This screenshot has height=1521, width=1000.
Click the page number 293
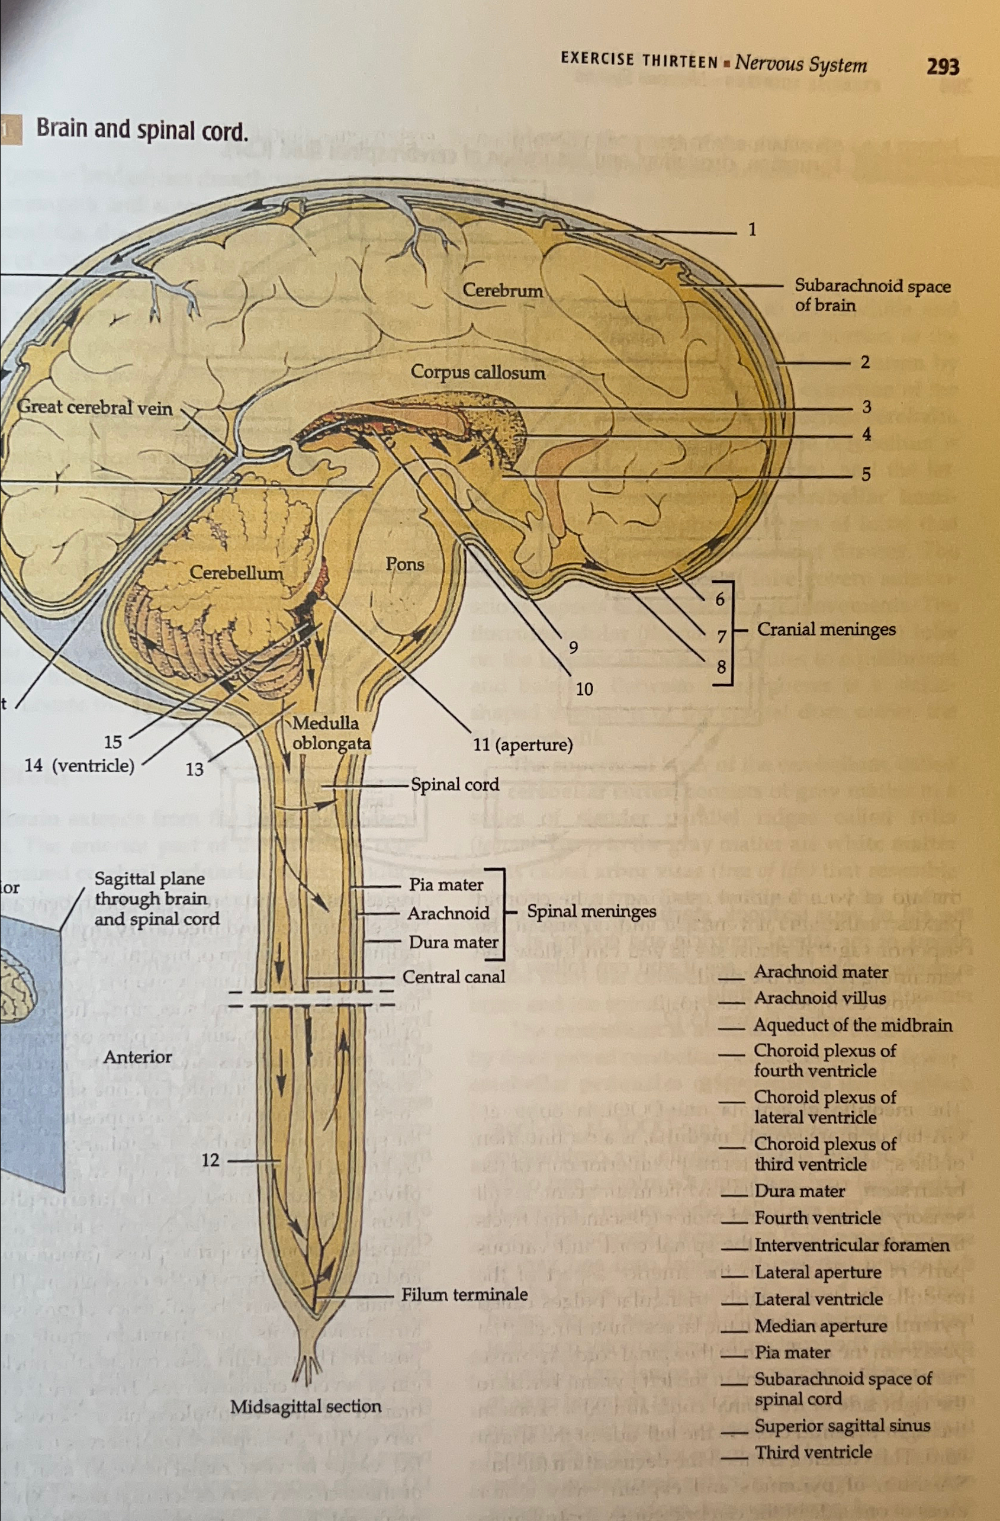pos(943,66)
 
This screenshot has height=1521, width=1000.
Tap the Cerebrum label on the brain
pos(502,291)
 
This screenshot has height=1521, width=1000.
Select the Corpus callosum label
pos(478,372)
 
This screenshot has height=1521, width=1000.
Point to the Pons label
pos(404,564)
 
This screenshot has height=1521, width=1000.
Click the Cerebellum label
pos(236,573)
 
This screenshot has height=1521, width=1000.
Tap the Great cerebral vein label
pos(95,407)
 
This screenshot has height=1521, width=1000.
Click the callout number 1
pos(752,229)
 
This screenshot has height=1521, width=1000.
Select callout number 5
pos(866,474)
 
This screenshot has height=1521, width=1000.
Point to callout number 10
pos(584,689)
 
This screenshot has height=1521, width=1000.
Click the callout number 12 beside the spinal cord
pos(210,1160)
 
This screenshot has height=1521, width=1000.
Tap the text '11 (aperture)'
pos(523,745)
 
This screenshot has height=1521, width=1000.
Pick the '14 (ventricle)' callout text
pos(79,766)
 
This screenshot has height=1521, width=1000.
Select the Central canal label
pos(454,977)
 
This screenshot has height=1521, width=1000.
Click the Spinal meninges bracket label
pos(591,912)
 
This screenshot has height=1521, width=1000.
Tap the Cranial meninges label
pos(826,630)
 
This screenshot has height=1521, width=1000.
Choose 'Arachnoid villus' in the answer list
pos(820,998)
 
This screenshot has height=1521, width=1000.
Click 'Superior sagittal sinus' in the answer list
pos(841,1426)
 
